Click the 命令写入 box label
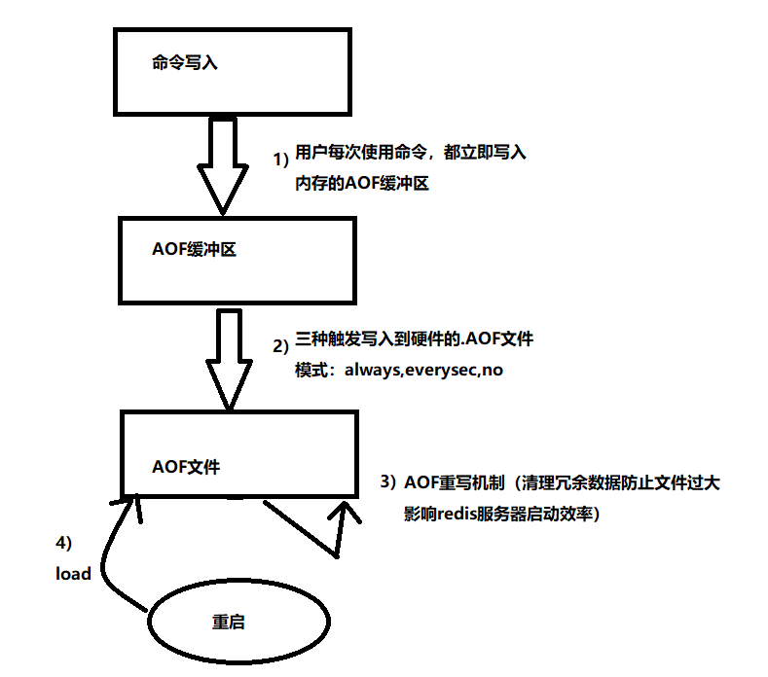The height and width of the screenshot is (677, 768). point(186,62)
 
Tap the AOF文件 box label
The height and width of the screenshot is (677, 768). point(187,466)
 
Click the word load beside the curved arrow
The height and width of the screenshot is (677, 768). point(73,574)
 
